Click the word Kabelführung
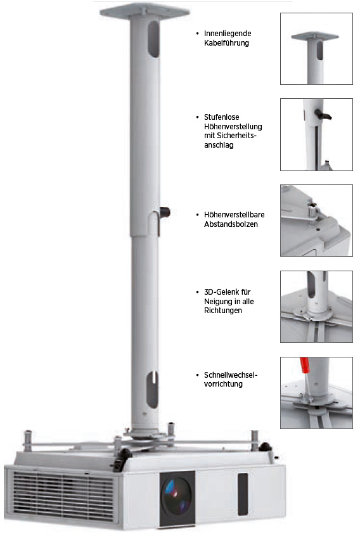[x=226, y=43]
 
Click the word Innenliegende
[x=228, y=34]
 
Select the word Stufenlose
[x=221, y=117]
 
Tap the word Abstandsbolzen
[x=231, y=224]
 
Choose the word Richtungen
[x=223, y=311]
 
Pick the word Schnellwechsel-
[x=231, y=375]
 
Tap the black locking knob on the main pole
[x=165, y=212]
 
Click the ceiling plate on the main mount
[x=145, y=11]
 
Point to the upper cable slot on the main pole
[x=153, y=39]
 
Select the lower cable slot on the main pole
[x=152, y=390]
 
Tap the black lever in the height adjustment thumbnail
[x=323, y=114]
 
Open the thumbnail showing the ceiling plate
[x=316, y=49]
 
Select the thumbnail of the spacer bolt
[x=316, y=221]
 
